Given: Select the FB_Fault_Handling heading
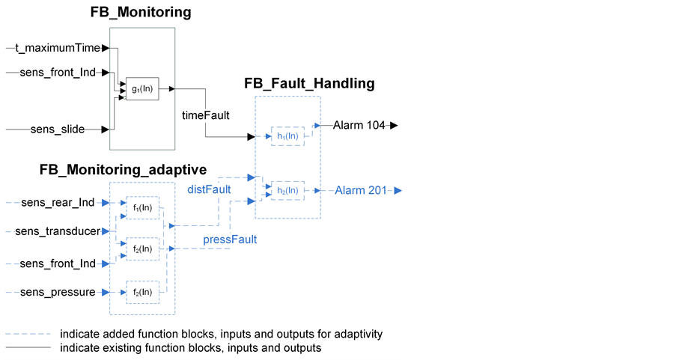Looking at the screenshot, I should [x=309, y=83].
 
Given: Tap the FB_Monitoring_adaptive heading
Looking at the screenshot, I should [x=123, y=170].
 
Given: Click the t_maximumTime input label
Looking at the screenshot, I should [x=57, y=48].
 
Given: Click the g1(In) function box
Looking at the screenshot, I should [x=142, y=89].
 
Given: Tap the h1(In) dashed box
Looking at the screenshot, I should [x=287, y=136].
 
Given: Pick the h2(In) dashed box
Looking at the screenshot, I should [x=287, y=191].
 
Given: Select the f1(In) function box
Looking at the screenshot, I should [x=143, y=207].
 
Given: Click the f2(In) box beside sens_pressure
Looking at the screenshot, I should [x=143, y=292].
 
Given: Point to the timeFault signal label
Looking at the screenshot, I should [x=206, y=115].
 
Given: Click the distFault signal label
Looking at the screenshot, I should [x=209, y=190].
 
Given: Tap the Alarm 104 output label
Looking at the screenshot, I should [x=359, y=126].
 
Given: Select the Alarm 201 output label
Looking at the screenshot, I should [x=360, y=190].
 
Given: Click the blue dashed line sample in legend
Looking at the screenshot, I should [x=28, y=334].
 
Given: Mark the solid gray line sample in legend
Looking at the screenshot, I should [x=28, y=348].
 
